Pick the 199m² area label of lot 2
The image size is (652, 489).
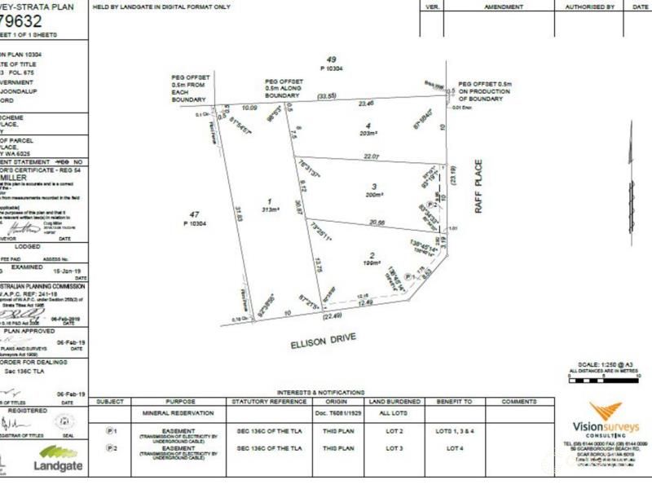coord(371,264)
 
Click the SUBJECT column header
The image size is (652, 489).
coord(110,401)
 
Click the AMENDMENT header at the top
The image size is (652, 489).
coord(504,6)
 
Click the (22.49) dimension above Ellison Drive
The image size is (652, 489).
coord(330,316)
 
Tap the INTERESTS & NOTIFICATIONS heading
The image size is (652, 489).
coord(320,393)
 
